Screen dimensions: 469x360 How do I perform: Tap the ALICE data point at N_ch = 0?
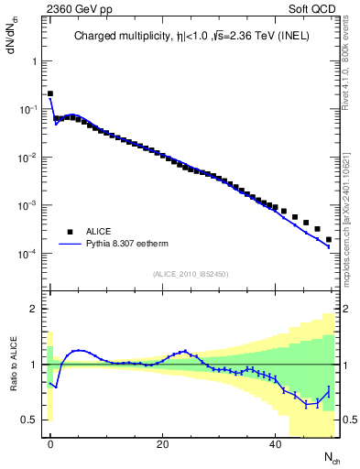click(x=50, y=93)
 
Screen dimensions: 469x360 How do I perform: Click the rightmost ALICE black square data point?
click(x=329, y=239)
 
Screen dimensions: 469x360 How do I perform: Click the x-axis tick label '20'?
click(x=162, y=444)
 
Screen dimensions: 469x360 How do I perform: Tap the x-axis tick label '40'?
click(x=275, y=444)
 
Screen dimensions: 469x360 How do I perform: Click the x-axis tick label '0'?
click(x=50, y=444)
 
